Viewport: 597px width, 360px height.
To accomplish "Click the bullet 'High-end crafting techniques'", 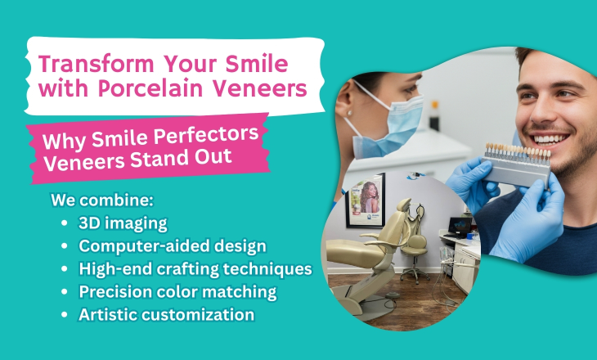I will coord(195,269).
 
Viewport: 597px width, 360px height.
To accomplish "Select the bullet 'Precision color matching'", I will coord(177,292).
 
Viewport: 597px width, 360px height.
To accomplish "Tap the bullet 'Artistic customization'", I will coord(166,315).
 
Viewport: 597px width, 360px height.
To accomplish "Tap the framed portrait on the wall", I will coord(366,200).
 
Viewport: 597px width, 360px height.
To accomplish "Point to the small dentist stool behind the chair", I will coord(415,258).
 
